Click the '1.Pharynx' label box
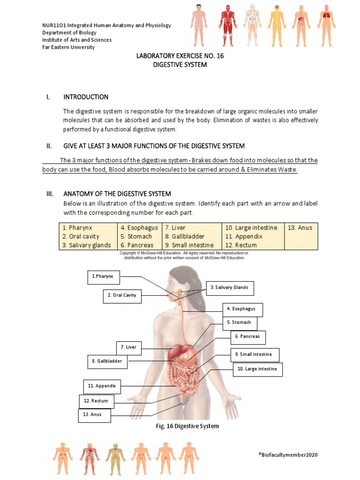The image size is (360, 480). click(104, 277)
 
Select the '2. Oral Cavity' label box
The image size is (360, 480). click(122, 296)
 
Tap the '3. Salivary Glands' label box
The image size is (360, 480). click(229, 288)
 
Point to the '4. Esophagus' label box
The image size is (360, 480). click(242, 309)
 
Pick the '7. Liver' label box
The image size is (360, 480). click(128, 348)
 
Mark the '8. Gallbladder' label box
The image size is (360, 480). click(107, 362)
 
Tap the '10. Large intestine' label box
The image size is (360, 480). click(257, 369)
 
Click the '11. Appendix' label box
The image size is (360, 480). click(102, 386)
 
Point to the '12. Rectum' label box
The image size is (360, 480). click(96, 401)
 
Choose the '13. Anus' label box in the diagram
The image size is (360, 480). click(94, 415)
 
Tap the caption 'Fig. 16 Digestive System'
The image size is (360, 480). click(187, 427)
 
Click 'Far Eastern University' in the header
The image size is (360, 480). click(68, 47)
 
